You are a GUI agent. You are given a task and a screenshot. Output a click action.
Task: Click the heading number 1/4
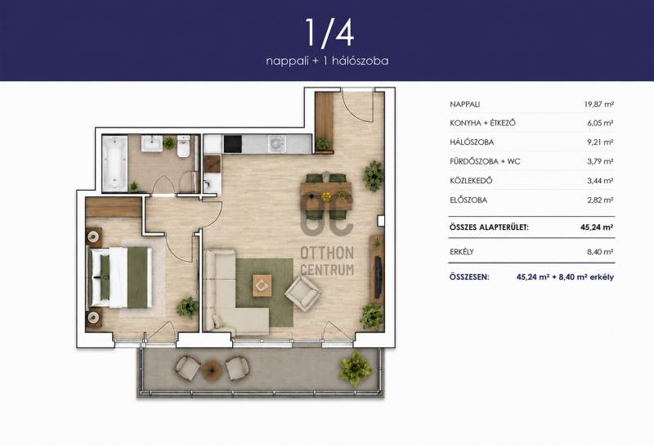pos(329,32)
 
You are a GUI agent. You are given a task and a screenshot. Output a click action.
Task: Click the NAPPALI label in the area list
pos(464,105)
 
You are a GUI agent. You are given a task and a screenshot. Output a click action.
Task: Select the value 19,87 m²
pos(599,105)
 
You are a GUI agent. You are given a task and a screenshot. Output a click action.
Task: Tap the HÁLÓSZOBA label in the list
pos(472,142)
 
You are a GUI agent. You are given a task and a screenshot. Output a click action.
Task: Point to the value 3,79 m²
pos(600,161)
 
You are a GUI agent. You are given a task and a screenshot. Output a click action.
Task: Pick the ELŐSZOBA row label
pos(468,200)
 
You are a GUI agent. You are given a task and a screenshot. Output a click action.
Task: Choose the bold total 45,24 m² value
pos(597,228)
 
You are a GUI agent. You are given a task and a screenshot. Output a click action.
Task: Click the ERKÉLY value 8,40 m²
pos(600,252)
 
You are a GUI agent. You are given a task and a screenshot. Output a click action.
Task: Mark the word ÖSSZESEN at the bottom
pos(469,277)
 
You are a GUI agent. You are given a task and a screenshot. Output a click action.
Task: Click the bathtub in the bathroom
pos(114,163)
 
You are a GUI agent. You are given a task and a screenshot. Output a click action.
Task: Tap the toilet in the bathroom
pos(183,146)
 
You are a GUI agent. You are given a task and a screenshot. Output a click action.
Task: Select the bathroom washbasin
pos(151,143)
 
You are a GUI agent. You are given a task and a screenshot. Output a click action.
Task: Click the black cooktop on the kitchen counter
pos(233,144)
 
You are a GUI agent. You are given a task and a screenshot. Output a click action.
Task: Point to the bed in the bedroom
pos(120,277)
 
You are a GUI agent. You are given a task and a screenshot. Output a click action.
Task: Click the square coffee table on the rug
pos(262,286)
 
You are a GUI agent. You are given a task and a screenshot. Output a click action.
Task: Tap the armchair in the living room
pos(302,292)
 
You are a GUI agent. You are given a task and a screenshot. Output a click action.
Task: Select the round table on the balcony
pos(212,370)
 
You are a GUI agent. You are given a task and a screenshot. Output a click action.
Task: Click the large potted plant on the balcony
pos(356,368)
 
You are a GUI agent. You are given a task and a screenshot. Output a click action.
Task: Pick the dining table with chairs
pos(326,196)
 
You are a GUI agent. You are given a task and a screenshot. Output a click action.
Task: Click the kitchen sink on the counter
pos(276,145)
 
